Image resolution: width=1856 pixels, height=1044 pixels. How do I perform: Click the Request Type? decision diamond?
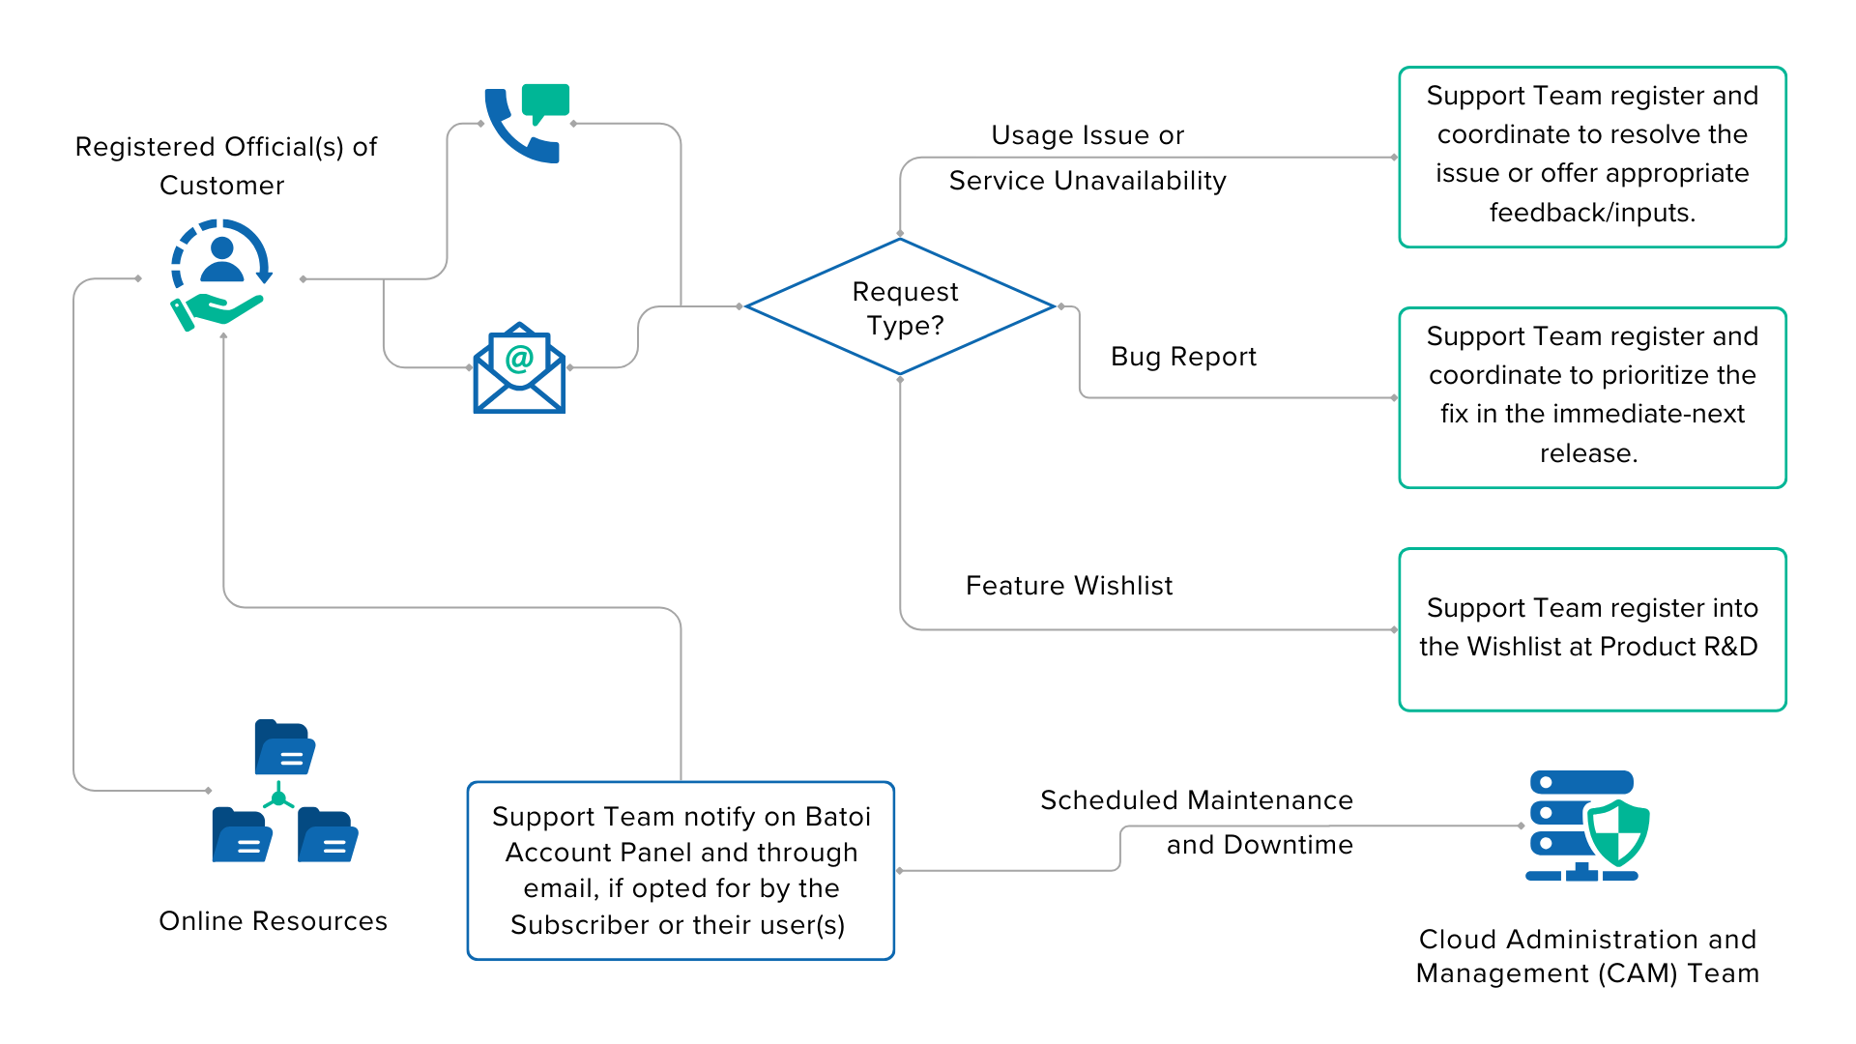pos(900,307)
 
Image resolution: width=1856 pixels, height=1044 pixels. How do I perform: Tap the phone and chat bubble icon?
pos(527,124)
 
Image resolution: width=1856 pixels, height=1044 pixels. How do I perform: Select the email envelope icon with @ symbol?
pos(519,368)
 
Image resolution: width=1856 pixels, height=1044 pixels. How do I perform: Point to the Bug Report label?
pos(1183,358)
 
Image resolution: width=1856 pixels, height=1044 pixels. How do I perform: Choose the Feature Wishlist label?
pos(1068,587)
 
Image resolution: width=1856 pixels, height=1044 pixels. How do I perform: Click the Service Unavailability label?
pos(1087,182)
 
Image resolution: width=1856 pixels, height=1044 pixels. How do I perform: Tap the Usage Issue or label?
pos(1087,136)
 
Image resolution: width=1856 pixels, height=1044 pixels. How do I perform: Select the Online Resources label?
pos(275,921)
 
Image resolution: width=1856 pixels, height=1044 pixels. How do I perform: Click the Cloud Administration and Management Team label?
pos(1587,956)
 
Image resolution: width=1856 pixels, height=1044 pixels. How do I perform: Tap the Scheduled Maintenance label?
pos(1197,801)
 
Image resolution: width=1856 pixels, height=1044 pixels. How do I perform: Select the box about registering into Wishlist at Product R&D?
pos(1592,629)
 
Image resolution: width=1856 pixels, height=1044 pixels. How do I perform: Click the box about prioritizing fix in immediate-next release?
pos(1592,397)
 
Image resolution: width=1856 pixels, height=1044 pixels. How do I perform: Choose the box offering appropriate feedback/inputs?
pos(1592,157)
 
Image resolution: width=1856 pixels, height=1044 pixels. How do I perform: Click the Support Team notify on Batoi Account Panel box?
pos(681,870)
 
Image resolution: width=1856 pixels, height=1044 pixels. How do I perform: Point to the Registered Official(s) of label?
pos(226,148)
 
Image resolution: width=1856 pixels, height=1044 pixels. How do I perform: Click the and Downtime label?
pos(1259,846)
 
